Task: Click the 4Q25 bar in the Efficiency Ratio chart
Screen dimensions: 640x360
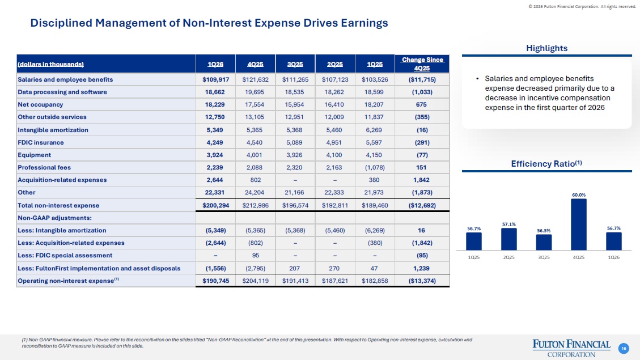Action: click(x=578, y=225)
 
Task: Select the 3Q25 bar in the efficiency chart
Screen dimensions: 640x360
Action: click(x=544, y=243)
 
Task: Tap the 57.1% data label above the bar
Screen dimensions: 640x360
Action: click(x=508, y=224)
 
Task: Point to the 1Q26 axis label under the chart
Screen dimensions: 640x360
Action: click(x=613, y=257)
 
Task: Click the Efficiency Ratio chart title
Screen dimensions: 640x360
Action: click(x=546, y=164)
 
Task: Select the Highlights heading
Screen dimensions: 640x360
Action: click(x=546, y=48)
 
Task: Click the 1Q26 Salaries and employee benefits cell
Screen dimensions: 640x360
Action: click(x=215, y=79)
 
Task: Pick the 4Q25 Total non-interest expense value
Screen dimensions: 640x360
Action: click(x=256, y=205)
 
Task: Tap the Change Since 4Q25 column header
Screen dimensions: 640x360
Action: click(x=422, y=64)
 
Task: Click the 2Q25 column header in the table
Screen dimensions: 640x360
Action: click(x=334, y=65)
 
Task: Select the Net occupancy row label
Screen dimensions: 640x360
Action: click(x=40, y=104)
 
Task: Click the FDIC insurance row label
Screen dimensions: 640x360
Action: click(x=41, y=142)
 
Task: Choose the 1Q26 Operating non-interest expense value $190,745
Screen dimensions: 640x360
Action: click(x=215, y=281)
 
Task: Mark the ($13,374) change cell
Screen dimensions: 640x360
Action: click(x=422, y=281)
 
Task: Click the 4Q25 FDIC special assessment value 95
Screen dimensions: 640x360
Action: click(x=256, y=256)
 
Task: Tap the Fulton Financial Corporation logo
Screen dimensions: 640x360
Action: click(x=571, y=348)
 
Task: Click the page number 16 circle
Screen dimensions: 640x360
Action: click(x=623, y=348)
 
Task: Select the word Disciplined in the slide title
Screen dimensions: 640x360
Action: click(x=61, y=23)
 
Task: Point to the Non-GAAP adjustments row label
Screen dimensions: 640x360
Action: click(x=54, y=218)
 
